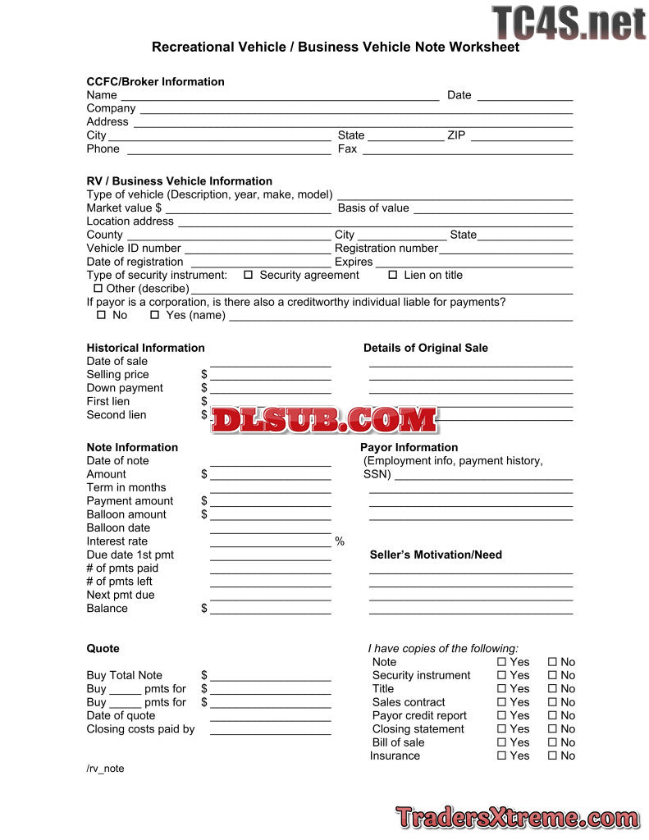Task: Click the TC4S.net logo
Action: click(x=569, y=22)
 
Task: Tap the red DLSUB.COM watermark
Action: click(x=324, y=419)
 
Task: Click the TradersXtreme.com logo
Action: click(x=517, y=817)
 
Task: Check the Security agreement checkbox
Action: click(x=249, y=275)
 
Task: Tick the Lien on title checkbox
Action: click(x=393, y=275)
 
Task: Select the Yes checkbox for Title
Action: click(x=502, y=689)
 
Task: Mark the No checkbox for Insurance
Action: click(x=553, y=756)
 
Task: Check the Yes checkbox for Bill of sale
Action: click(x=502, y=742)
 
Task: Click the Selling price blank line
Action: click(x=270, y=378)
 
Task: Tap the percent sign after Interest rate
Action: click(x=340, y=542)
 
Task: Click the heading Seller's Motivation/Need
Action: click(x=436, y=555)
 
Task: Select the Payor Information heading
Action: click(x=409, y=447)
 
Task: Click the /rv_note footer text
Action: click(x=105, y=769)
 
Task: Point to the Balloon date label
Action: click(x=118, y=527)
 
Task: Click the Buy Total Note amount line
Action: click(x=270, y=679)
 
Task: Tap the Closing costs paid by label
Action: click(x=140, y=728)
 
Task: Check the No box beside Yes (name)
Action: click(x=102, y=315)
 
